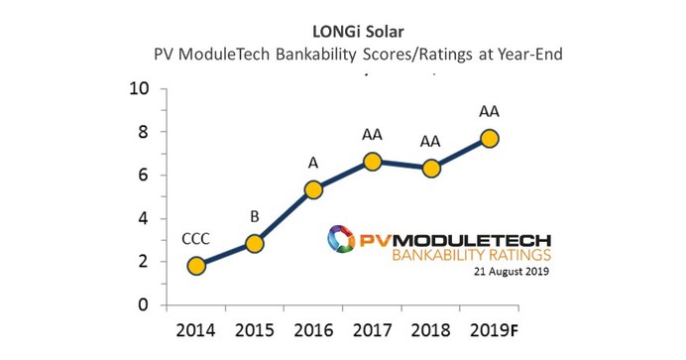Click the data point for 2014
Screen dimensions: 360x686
[196, 265]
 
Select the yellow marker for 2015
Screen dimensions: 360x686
[254, 243]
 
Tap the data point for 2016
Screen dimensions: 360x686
[312, 189]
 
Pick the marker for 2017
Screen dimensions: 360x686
[373, 161]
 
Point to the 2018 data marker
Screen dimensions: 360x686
[431, 168]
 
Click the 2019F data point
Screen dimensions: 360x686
[490, 138]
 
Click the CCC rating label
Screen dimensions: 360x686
[196, 238]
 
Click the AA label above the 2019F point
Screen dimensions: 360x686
[490, 110]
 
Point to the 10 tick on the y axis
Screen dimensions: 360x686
[139, 88]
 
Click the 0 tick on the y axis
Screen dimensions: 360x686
[144, 305]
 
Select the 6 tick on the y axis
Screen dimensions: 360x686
[144, 176]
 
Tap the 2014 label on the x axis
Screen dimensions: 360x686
[196, 330]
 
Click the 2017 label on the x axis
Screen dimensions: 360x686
[373, 330]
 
